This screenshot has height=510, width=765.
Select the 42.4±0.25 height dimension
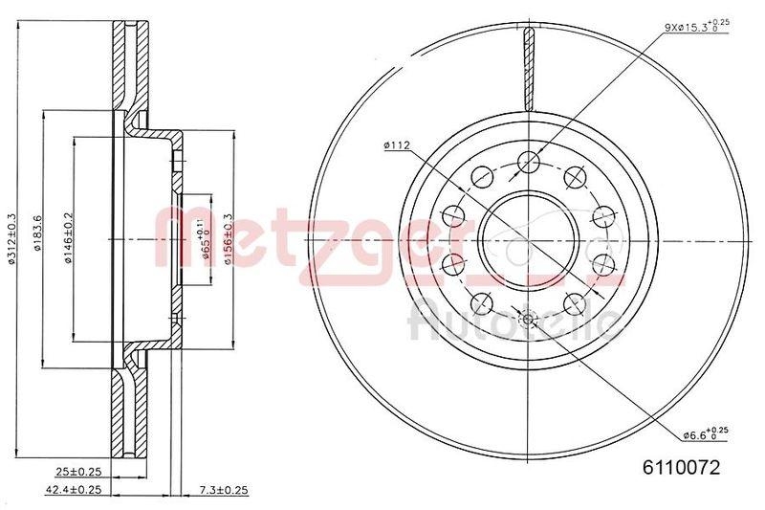(x=73, y=490)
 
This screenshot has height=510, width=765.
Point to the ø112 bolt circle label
(x=396, y=144)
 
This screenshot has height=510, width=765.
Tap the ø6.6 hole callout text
(x=707, y=435)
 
